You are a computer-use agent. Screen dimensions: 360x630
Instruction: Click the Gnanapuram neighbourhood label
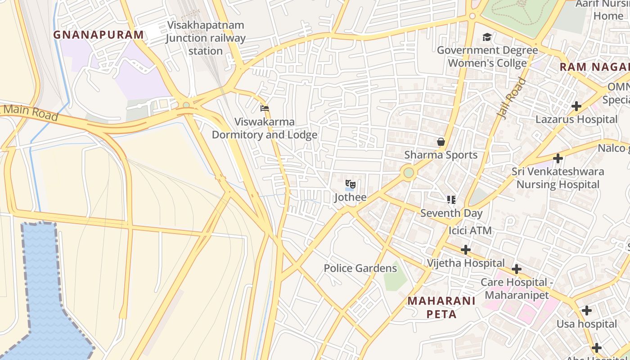pos(99,35)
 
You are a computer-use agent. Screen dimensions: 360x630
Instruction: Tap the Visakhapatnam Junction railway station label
pos(206,38)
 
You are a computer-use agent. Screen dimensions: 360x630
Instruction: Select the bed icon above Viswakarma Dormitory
pos(265,108)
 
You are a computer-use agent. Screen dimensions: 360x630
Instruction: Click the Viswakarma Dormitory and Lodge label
pos(265,128)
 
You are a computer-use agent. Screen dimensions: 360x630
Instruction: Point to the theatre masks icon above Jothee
pos(351,184)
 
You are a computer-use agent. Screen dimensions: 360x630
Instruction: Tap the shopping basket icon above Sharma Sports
pos(441,142)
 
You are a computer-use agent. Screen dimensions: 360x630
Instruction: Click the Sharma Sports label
pos(441,155)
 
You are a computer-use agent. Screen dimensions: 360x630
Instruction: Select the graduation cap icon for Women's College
pos(487,37)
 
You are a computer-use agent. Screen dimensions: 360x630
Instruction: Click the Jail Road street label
pos(512,98)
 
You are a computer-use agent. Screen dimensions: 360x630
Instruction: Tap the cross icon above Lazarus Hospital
pos(576,107)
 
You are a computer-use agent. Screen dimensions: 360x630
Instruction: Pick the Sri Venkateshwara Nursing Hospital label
pos(558,178)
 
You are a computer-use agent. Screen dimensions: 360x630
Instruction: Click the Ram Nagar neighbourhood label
pos(594,67)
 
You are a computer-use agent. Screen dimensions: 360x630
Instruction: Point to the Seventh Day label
pos(451,213)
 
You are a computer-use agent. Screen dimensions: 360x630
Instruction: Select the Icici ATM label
pos(470,231)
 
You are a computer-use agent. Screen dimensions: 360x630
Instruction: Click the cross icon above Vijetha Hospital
pos(466,250)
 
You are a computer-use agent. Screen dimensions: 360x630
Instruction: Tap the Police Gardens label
pos(360,269)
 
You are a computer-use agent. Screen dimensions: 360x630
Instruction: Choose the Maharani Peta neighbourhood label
pos(441,307)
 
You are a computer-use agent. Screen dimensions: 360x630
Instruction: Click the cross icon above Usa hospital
pos(586,310)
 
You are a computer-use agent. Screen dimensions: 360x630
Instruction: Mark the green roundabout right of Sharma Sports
pos(409,173)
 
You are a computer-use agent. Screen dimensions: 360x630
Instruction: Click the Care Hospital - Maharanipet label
pos(517,288)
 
